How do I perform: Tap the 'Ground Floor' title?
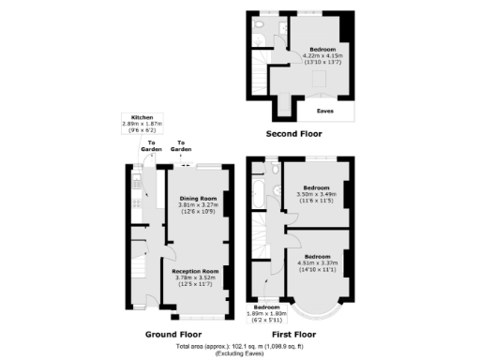(x=172, y=334)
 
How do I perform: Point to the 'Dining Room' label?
(x=198, y=198)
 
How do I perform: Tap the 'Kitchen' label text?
(x=142, y=117)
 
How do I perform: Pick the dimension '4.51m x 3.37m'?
(x=317, y=262)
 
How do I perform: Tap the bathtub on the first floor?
(x=259, y=195)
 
